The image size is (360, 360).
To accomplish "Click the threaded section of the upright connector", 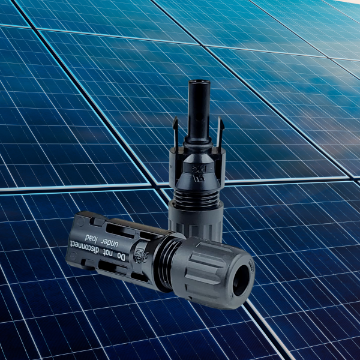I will tap(196, 192).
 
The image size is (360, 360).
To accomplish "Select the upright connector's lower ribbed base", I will tap(195, 219).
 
